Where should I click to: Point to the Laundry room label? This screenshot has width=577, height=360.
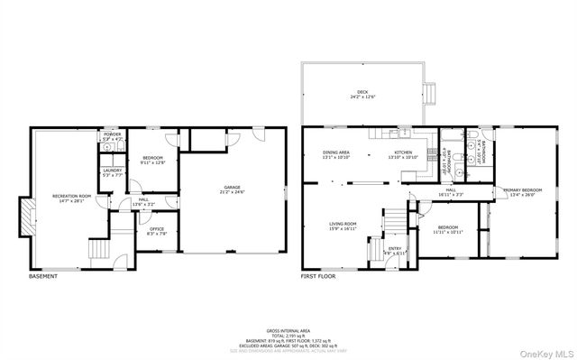(x=112, y=172)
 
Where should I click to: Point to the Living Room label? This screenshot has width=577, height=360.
(x=343, y=226)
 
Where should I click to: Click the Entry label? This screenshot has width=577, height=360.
(x=395, y=250)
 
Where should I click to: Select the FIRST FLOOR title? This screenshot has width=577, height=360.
(x=318, y=276)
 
